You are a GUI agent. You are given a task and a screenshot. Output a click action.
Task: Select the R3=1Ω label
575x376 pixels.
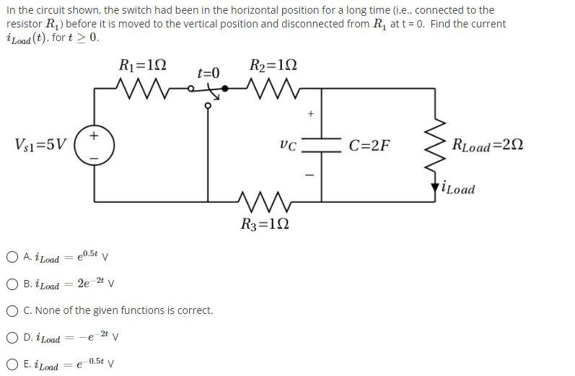[x=264, y=224]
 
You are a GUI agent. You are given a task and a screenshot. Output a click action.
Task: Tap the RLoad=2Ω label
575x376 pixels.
[x=486, y=145]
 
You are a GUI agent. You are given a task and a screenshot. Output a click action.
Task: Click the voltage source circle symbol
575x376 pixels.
[x=95, y=144]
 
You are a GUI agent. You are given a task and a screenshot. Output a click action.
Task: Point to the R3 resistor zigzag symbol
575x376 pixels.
[x=263, y=198]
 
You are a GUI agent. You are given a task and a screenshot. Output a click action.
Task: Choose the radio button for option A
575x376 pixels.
[x=12, y=256]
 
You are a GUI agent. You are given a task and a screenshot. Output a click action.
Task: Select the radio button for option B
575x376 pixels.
[x=12, y=284]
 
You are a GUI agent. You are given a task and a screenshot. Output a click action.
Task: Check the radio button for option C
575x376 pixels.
[x=12, y=310]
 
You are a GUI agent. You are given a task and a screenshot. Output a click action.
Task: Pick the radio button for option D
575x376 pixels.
[x=12, y=337]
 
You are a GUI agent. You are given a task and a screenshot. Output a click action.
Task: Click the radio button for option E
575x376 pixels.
[x=12, y=364]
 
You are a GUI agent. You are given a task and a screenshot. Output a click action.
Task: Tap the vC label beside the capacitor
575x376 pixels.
[x=286, y=145]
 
